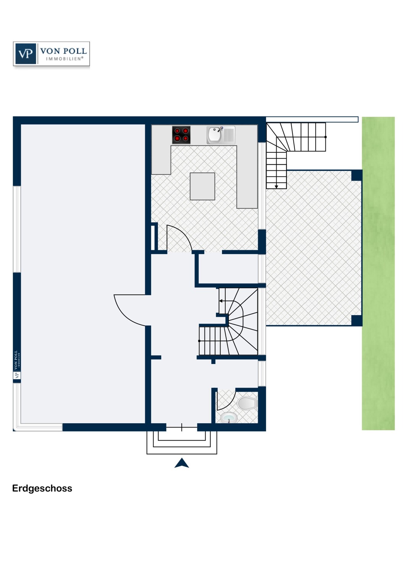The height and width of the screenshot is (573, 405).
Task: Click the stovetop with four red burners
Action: [x=181, y=135]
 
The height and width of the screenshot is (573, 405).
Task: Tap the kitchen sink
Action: [x=220, y=135]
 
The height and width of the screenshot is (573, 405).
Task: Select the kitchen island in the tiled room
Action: [x=202, y=186]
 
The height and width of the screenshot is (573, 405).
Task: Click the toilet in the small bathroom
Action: [x=247, y=403]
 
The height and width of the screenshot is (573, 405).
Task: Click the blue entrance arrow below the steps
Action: [x=181, y=463]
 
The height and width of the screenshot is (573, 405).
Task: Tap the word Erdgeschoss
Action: [x=42, y=488]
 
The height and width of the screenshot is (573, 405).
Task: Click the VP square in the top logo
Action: [x=26, y=54]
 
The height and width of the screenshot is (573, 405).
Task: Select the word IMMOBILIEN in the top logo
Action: [x=65, y=59]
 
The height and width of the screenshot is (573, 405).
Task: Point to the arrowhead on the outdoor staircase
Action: [x=276, y=187]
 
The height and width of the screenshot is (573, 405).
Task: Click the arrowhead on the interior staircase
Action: [x=221, y=301]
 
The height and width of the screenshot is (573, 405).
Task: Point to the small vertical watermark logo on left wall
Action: [x=17, y=364]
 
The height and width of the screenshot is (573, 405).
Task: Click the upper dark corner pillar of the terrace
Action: [x=356, y=175]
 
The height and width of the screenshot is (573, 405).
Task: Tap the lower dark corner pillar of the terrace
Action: [x=356, y=320]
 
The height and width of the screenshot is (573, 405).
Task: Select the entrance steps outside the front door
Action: [x=181, y=442]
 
